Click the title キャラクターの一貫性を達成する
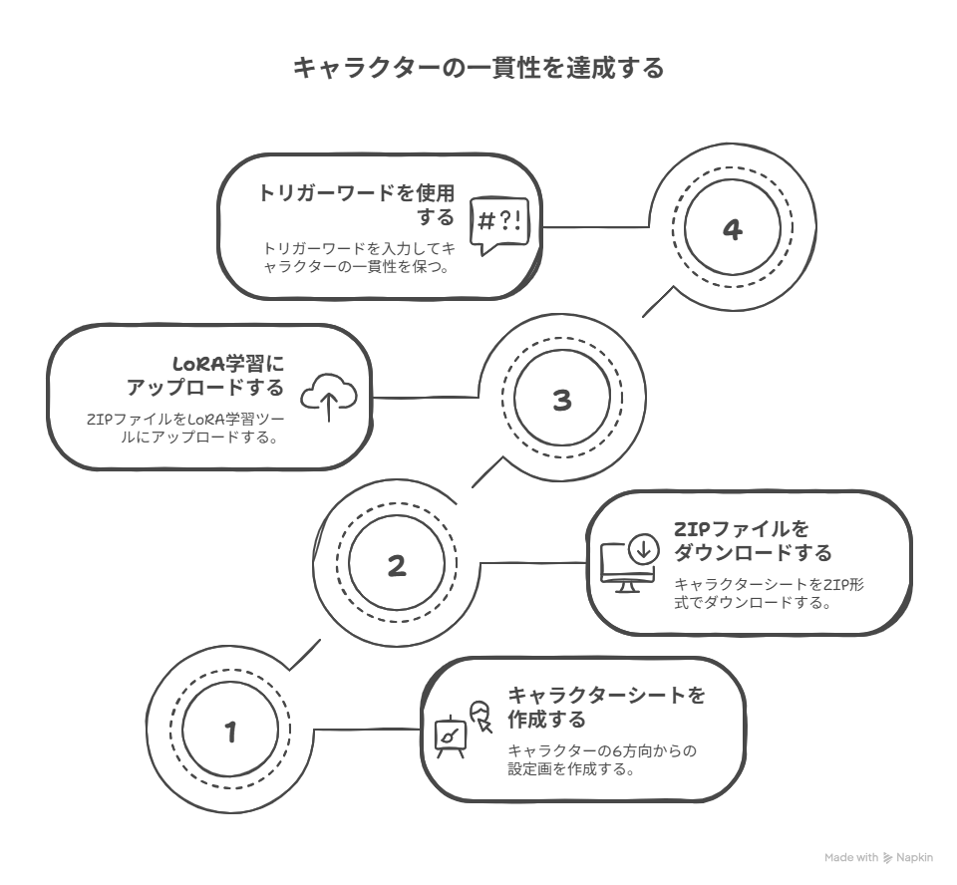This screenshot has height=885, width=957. pyautogui.click(x=478, y=67)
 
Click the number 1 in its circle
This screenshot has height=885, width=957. pyautogui.click(x=230, y=732)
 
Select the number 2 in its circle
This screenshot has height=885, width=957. pyautogui.click(x=397, y=566)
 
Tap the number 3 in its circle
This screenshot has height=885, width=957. pyautogui.click(x=562, y=400)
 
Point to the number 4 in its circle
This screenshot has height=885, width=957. pyautogui.click(x=733, y=229)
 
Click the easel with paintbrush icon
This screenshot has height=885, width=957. pyautogui.click(x=451, y=737)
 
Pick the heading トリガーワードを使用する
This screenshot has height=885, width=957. pyautogui.click(x=356, y=205)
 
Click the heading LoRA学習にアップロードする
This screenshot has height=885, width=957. pyautogui.click(x=205, y=376)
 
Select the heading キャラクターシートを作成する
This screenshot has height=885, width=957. pyautogui.click(x=607, y=707)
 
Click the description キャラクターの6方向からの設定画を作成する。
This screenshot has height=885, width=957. pyautogui.click(x=602, y=759)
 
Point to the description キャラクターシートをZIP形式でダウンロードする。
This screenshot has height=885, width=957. pyautogui.click(x=769, y=593)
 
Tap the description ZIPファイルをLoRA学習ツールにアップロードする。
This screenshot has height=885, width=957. pyautogui.click(x=185, y=429)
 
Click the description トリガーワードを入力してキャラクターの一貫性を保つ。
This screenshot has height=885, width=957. pyautogui.click(x=359, y=257)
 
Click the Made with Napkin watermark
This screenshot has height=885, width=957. pyautogui.click(x=878, y=857)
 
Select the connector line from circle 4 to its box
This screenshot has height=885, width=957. pyautogui.click(x=596, y=227)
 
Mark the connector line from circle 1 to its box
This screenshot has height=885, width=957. pyautogui.click(x=368, y=729)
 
